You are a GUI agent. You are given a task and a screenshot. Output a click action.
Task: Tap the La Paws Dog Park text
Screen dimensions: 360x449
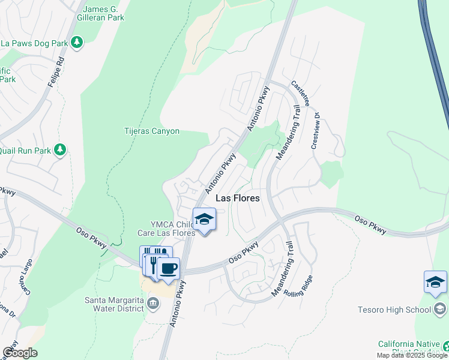click(x=34, y=43)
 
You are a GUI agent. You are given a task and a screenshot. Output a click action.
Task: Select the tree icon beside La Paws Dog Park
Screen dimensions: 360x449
click(x=76, y=42)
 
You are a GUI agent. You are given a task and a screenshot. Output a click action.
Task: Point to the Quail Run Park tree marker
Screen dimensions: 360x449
click(x=59, y=149)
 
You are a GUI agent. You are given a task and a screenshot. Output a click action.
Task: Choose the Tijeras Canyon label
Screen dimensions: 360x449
click(x=152, y=131)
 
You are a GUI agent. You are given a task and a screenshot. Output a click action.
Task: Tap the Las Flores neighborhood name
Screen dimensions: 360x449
click(x=237, y=197)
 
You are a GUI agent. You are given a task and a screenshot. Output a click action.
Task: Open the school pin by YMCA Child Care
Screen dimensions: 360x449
click(x=204, y=220)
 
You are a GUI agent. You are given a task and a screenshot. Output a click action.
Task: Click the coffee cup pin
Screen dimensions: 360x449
click(x=168, y=269)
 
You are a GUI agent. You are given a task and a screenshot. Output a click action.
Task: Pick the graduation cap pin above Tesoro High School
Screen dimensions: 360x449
click(x=435, y=281)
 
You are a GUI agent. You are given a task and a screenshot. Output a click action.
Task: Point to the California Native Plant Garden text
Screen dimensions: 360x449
click(x=409, y=348)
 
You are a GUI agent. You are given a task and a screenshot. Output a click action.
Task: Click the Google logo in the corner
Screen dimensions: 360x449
click(x=20, y=353)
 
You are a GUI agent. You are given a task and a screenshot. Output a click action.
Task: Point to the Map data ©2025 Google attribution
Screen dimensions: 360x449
click(x=412, y=355)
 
